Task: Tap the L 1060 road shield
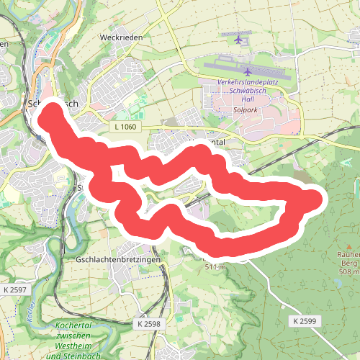click(124, 127)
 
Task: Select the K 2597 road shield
click(15, 289)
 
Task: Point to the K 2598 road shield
click(149, 324)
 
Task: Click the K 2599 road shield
click(305, 320)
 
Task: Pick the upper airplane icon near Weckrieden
click(238, 39)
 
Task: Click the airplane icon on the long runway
click(248, 71)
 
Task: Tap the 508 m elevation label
click(349, 271)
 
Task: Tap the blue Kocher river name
click(30, 311)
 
